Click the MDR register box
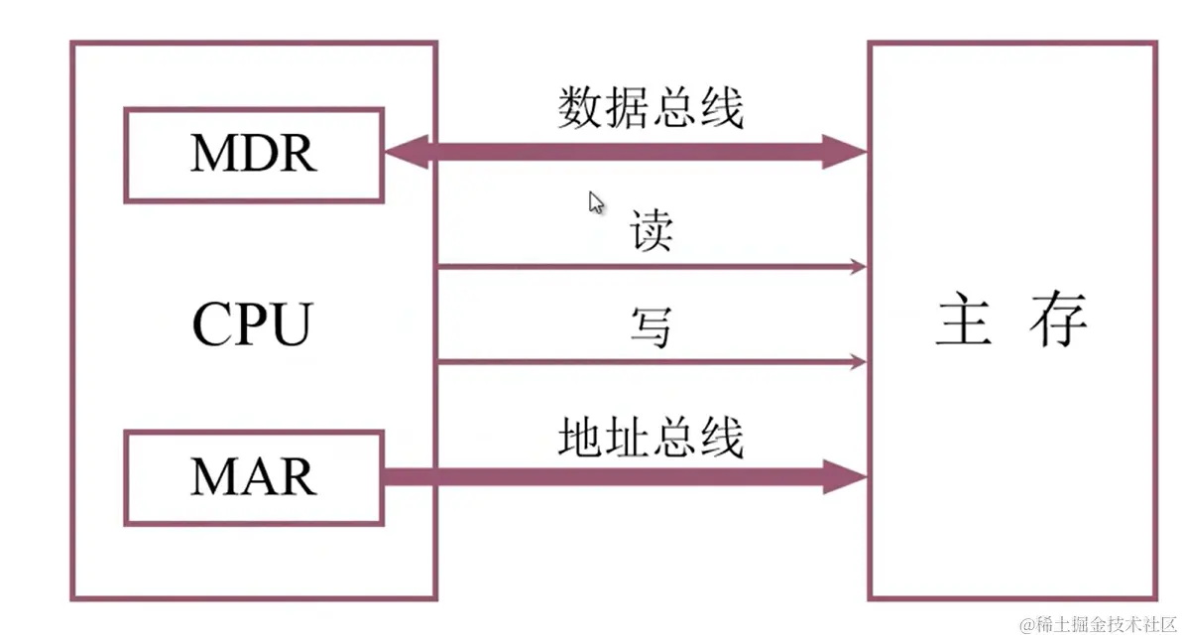(x=254, y=155)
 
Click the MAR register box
(x=254, y=477)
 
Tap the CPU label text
(x=252, y=323)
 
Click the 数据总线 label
(x=651, y=107)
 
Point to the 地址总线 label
(x=651, y=438)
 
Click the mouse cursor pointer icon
(x=596, y=202)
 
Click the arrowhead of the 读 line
(x=858, y=267)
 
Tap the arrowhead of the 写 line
(x=858, y=362)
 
